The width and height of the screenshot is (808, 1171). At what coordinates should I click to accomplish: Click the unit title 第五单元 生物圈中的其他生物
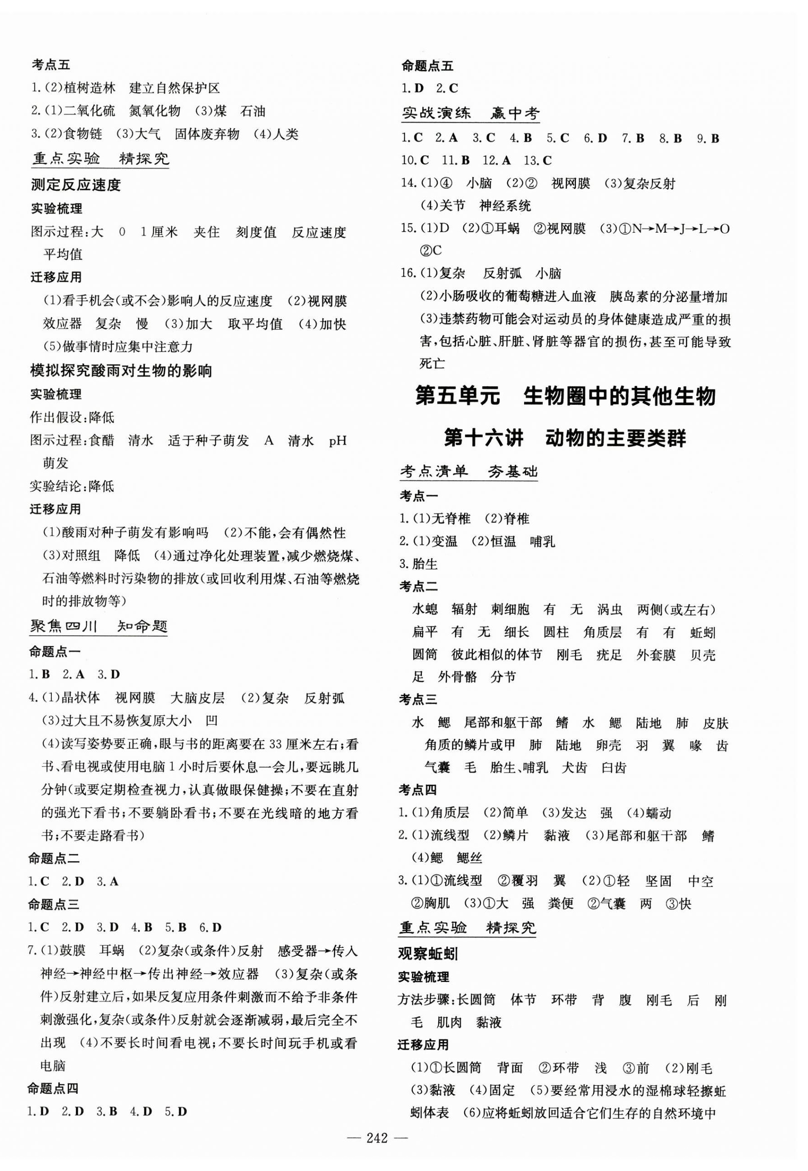click(x=565, y=396)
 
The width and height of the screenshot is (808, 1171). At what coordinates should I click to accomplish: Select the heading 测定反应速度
click(x=76, y=185)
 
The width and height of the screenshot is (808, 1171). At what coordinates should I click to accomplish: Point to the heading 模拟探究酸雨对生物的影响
click(x=121, y=371)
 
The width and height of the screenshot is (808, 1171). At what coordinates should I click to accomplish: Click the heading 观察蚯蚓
click(x=428, y=954)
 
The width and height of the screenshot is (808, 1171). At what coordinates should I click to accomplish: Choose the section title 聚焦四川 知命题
click(x=98, y=627)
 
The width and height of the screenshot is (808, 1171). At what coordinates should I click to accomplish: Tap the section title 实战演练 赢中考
click(x=471, y=114)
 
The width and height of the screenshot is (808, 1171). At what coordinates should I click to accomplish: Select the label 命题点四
click(x=54, y=1088)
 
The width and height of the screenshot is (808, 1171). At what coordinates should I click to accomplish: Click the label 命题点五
click(x=427, y=66)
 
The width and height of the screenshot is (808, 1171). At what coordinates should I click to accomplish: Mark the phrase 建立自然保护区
click(x=175, y=88)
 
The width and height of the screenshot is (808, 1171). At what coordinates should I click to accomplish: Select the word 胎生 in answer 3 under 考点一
click(x=425, y=564)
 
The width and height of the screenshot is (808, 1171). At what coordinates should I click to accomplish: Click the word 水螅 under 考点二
click(x=425, y=609)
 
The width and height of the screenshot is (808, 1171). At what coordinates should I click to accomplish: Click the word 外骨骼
click(x=457, y=677)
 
